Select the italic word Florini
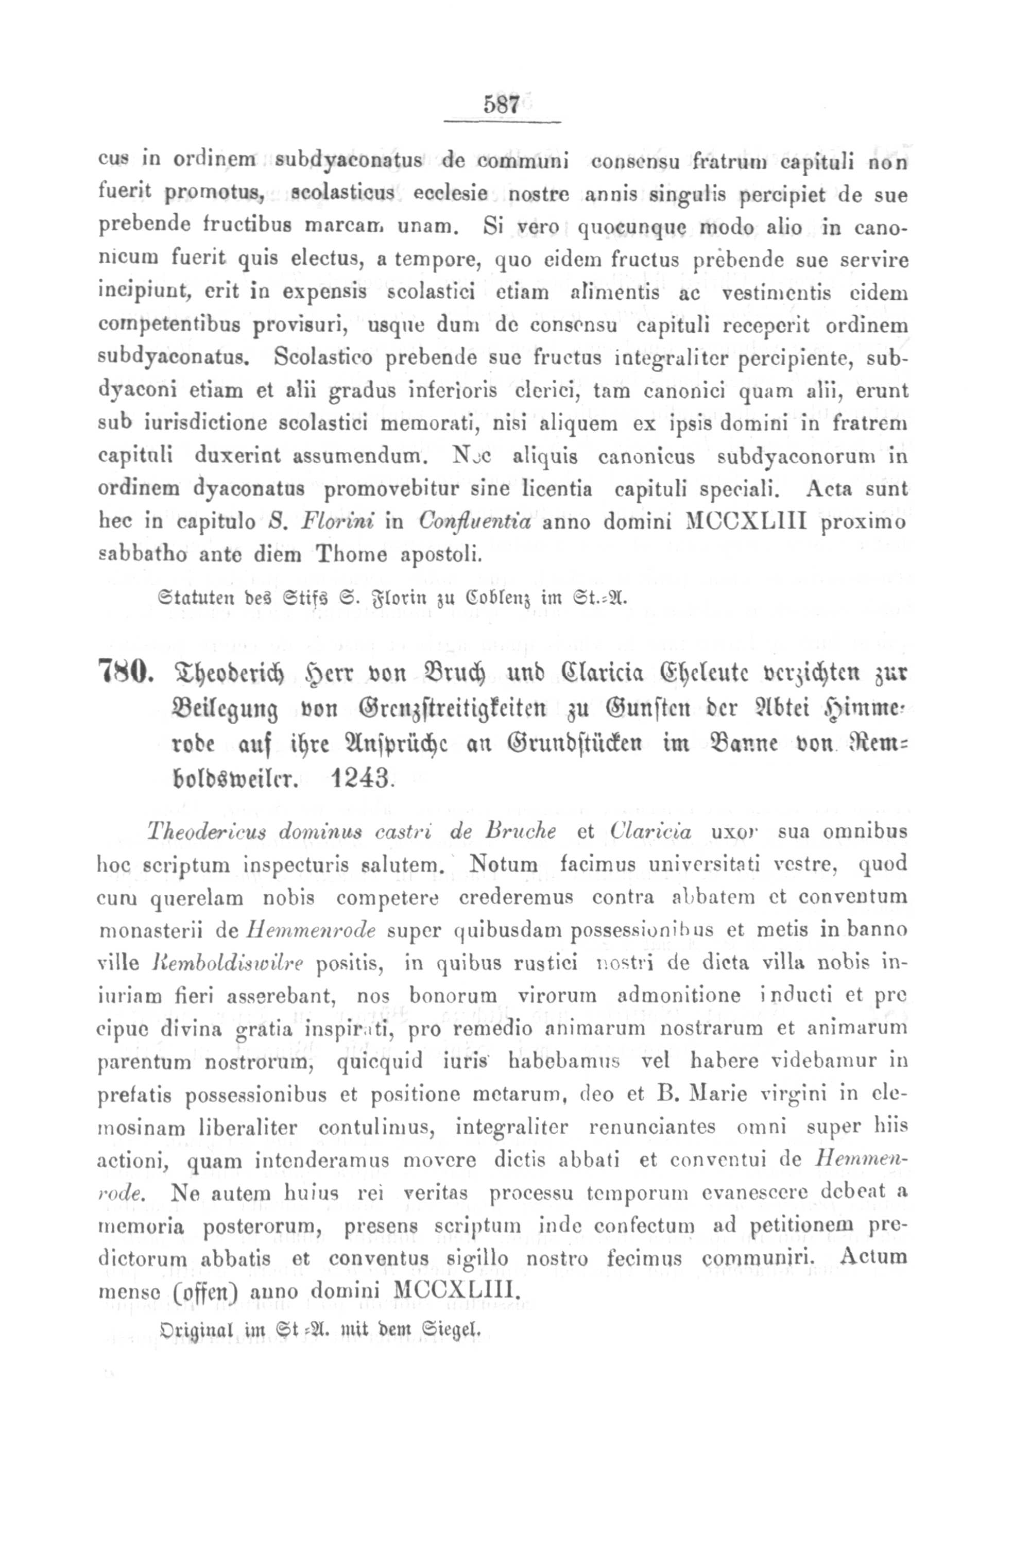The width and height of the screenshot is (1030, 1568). (x=336, y=522)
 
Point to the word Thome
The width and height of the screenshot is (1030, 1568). (x=353, y=555)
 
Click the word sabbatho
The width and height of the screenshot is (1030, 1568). (x=137, y=555)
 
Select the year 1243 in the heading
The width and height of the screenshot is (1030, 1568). (x=359, y=779)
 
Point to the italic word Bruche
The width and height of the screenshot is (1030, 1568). (x=520, y=832)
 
